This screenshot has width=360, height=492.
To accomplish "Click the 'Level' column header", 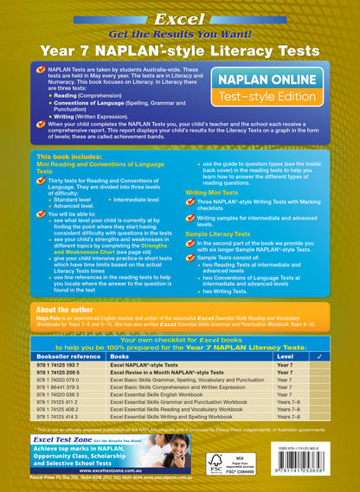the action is (x=284, y=355).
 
